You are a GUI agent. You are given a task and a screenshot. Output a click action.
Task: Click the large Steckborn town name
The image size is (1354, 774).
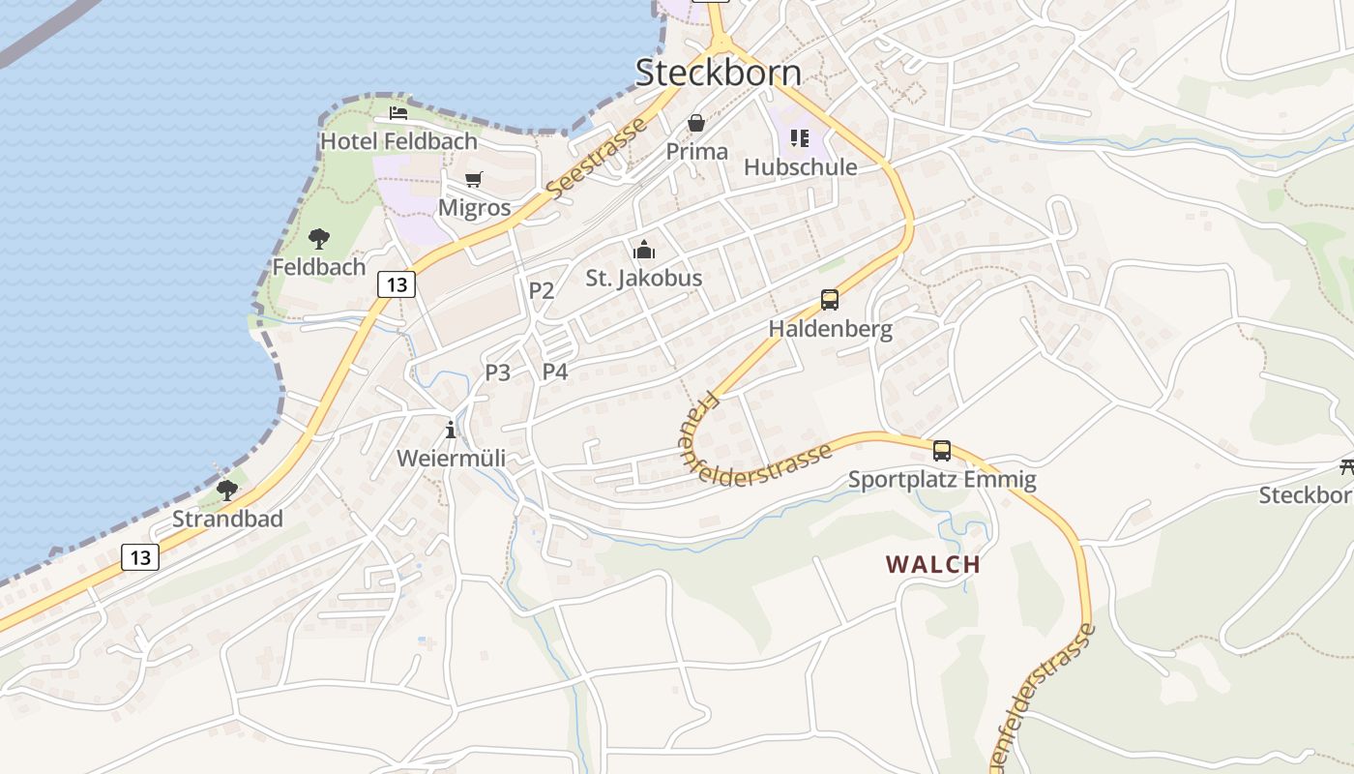[x=718, y=73]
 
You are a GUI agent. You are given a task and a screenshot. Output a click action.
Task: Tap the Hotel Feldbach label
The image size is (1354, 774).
[x=398, y=141]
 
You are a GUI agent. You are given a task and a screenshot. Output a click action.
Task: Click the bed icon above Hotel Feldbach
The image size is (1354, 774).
[x=398, y=113]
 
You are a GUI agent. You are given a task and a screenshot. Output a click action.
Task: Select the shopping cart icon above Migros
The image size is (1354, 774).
[x=474, y=179]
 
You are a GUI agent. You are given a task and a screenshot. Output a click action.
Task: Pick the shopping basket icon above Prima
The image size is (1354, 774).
[x=696, y=123]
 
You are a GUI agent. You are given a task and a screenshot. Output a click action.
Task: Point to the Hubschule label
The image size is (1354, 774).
[x=800, y=167]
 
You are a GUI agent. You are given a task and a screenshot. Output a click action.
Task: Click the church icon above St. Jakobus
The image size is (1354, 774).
[x=644, y=250]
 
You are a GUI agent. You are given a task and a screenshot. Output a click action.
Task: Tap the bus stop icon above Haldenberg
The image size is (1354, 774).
[x=830, y=300]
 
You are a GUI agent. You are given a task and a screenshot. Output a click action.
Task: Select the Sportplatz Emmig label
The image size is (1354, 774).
[x=942, y=479]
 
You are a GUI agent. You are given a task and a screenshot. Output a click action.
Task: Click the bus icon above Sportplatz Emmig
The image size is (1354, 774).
[x=942, y=450]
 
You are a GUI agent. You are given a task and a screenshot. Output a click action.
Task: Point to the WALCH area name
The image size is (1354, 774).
[x=933, y=564]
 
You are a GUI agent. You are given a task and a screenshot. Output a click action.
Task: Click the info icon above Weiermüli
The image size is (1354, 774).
[x=451, y=430]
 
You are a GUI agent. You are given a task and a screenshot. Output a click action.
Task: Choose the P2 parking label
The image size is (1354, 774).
[x=542, y=290]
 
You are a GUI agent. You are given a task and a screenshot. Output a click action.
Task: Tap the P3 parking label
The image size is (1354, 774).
[x=498, y=372]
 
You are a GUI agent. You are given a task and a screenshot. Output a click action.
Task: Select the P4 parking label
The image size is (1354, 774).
[x=555, y=372]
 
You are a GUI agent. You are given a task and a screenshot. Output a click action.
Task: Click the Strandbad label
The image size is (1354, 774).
[x=227, y=519]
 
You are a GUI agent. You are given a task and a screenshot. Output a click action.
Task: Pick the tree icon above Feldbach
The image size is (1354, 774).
[x=318, y=238]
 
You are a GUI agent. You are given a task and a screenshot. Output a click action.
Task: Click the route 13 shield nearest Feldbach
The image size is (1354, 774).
[x=397, y=284]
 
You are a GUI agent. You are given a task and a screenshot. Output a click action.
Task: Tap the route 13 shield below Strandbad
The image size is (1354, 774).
[x=140, y=557]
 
